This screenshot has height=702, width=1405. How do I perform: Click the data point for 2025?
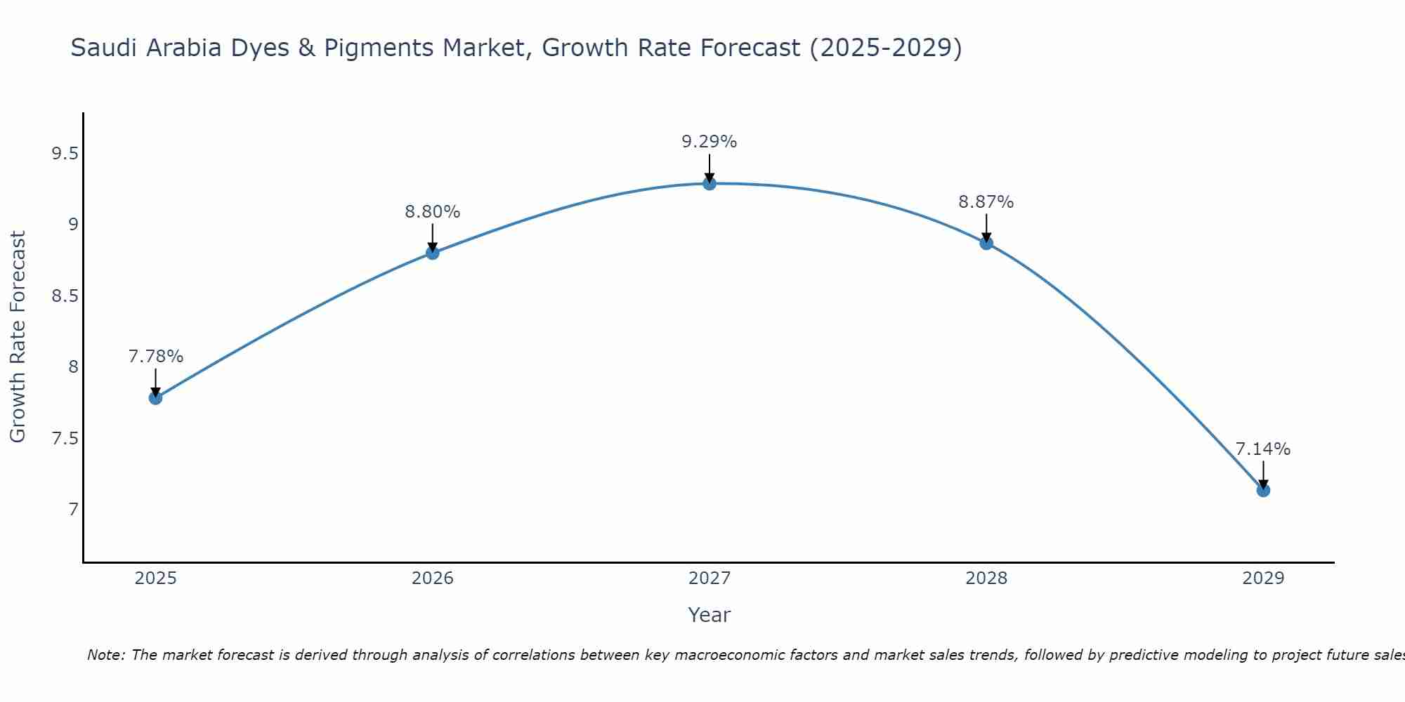click(x=155, y=398)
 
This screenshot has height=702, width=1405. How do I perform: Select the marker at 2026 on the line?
click(x=433, y=253)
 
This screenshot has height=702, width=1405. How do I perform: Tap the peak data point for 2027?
click(x=710, y=183)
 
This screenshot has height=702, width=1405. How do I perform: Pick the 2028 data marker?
click(x=986, y=243)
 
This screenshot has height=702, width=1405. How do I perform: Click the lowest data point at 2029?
click(x=1263, y=490)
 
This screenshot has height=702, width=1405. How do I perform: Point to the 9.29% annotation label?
click(x=710, y=142)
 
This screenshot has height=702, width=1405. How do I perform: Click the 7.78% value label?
click(x=155, y=357)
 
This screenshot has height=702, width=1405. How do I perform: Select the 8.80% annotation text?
click(x=433, y=211)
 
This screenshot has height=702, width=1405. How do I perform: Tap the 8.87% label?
click(x=986, y=202)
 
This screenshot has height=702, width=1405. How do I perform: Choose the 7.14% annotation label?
click(x=1263, y=449)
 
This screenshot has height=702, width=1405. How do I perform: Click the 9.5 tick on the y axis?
click(x=65, y=154)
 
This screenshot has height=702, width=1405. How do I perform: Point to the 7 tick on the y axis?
click(x=73, y=509)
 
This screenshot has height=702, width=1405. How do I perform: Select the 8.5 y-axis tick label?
click(x=65, y=296)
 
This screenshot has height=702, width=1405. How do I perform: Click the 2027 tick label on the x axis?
click(x=710, y=578)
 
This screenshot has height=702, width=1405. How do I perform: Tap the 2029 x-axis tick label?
click(x=1263, y=578)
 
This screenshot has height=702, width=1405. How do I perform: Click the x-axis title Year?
click(x=710, y=615)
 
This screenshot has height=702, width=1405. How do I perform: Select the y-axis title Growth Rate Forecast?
click(x=18, y=337)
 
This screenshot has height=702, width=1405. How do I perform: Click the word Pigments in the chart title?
click(x=379, y=48)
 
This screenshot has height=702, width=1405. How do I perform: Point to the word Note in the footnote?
click(x=105, y=655)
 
